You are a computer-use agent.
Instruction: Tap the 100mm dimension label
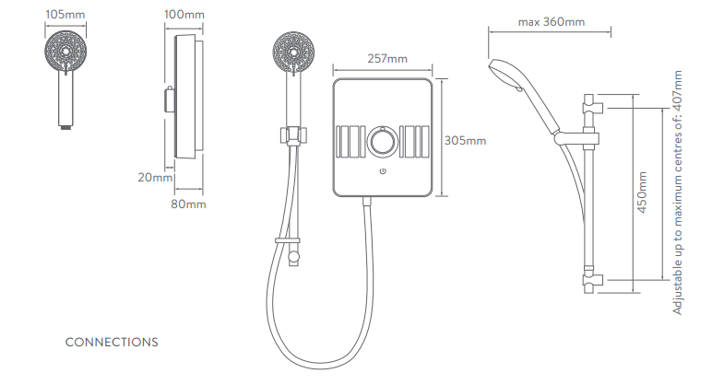(x=184, y=15)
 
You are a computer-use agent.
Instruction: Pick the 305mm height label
(x=465, y=141)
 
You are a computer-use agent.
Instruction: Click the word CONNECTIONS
(x=112, y=342)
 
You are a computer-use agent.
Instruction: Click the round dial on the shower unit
(x=382, y=142)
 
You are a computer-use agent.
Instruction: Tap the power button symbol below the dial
(x=382, y=171)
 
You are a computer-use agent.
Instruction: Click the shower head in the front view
(x=295, y=51)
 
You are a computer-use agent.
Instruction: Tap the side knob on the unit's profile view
(x=169, y=99)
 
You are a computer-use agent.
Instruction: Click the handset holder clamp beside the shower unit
(x=292, y=135)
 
